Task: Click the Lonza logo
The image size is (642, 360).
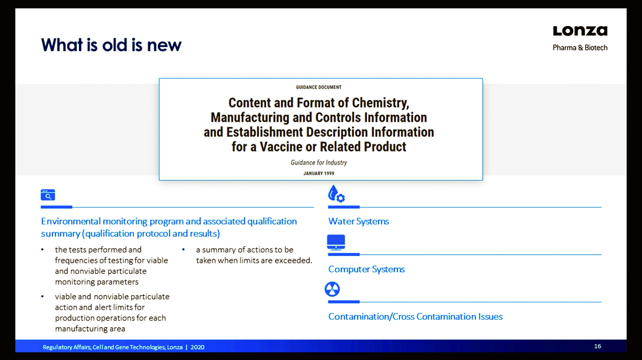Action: pos(580,31)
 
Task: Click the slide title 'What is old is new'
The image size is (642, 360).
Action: pos(111,45)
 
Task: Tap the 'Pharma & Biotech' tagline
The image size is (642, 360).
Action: pos(580,48)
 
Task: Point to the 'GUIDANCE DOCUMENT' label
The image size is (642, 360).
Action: pos(319,87)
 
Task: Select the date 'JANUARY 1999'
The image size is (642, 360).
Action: pos(319,173)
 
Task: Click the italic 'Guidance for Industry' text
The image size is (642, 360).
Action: pos(319,162)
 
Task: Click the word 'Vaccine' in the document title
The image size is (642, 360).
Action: pos(281,146)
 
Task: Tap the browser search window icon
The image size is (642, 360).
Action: pos(48,195)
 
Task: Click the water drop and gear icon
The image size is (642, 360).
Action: pos(336,194)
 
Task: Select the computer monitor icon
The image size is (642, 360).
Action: pos(336,242)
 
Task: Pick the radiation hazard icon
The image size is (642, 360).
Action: pos(332,289)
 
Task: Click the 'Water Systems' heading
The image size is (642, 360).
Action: pos(358,221)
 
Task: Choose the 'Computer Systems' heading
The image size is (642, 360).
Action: pos(366,269)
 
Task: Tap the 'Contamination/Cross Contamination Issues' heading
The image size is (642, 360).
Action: pos(415,317)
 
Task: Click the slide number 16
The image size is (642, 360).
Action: pos(598,346)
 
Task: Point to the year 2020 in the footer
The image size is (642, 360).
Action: pos(197,347)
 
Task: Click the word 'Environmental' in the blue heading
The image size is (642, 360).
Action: pos(71,221)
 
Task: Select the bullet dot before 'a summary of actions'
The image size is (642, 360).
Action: pos(184,249)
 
